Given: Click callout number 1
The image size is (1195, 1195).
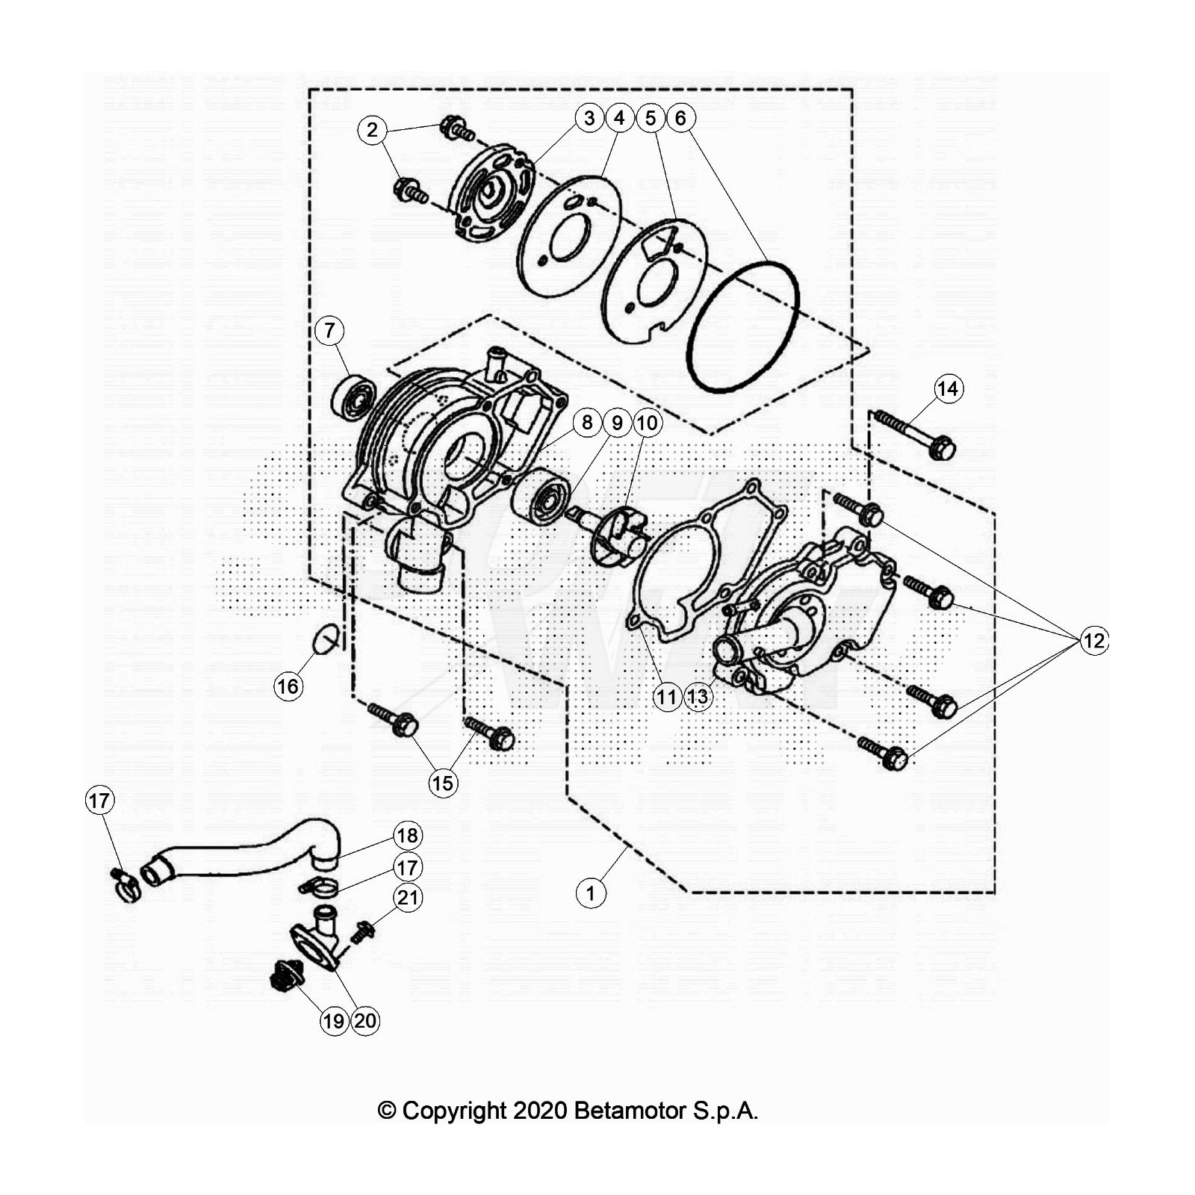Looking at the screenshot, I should pyautogui.click(x=591, y=893).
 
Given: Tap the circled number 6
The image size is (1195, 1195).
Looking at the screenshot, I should pyautogui.click(x=680, y=118).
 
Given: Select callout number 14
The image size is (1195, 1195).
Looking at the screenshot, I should pyautogui.click(x=948, y=388).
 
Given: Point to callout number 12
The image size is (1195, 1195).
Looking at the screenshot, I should pyautogui.click(x=1094, y=641).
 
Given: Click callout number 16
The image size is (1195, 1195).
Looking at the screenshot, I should pyautogui.click(x=288, y=686).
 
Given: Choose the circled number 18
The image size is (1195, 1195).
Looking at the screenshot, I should pyautogui.click(x=407, y=835).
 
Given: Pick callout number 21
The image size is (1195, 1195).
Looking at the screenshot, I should pyautogui.click(x=408, y=896).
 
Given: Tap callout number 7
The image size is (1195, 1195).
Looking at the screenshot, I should pyautogui.click(x=329, y=330).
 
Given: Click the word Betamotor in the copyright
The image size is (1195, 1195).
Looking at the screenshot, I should pyautogui.click(x=630, y=1111).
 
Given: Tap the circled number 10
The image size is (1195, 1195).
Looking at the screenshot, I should pyautogui.click(x=647, y=423).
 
